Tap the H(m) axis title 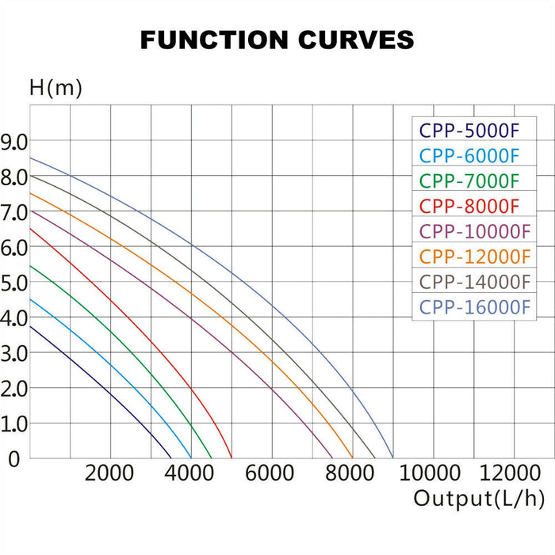point(55,88)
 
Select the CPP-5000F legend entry point(469,130)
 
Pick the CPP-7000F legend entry point(469,181)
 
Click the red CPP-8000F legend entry point(469,206)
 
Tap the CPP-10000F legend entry point(474,231)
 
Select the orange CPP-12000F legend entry point(474,257)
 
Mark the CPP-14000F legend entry point(474,282)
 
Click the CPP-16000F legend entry point(474,307)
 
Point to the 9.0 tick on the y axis point(15,142)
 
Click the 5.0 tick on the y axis point(15,283)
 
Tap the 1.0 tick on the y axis point(15,424)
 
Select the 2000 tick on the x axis point(109,473)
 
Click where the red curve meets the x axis point(231,458)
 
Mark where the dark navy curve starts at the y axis point(30,325)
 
